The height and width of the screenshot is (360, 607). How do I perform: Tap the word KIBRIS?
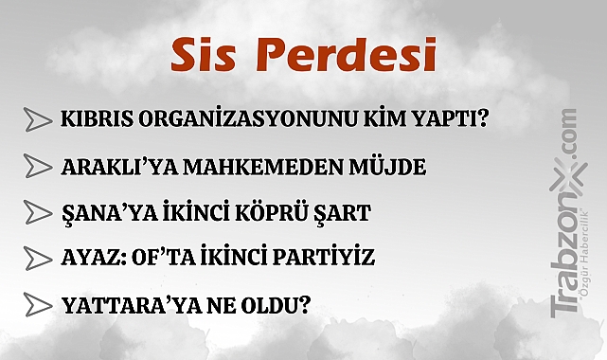pos(98,121)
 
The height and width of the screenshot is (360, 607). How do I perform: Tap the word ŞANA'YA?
pos(100,212)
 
